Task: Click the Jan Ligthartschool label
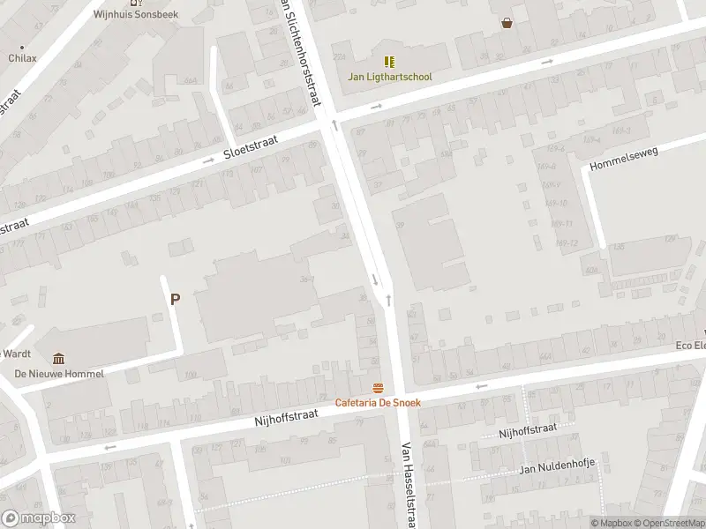(389, 77)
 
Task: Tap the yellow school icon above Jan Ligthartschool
(389, 62)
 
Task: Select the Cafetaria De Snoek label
(378, 403)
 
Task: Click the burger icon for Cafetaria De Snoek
(378, 389)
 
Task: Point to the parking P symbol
(175, 300)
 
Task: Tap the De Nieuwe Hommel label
(59, 374)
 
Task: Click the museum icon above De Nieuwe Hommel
(58, 358)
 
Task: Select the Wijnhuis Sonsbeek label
(136, 15)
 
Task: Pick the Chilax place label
(23, 58)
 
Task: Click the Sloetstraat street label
(251, 145)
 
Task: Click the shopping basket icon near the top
(507, 23)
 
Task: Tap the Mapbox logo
(39, 518)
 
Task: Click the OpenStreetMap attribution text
(672, 524)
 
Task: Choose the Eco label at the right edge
(691, 346)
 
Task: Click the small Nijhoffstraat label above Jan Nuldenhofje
(528, 429)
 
